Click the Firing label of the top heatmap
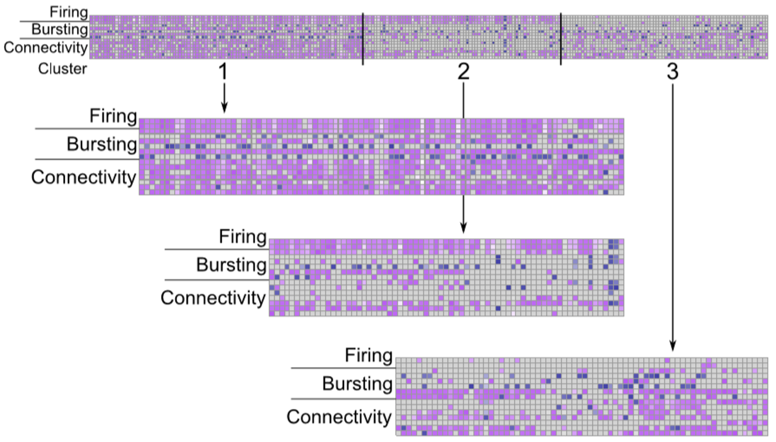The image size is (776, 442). click(x=68, y=11)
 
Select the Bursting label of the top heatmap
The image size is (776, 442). click(x=59, y=29)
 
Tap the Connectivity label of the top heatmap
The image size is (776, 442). click(x=45, y=48)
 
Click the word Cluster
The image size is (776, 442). click(x=63, y=69)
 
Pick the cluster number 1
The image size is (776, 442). click(x=223, y=73)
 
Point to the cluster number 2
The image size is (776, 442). click(x=463, y=73)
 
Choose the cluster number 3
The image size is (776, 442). click(x=672, y=73)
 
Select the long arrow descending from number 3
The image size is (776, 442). click(x=672, y=214)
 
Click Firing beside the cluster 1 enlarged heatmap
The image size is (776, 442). click(x=114, y=116)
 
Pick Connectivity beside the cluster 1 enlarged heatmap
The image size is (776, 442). click(x=84, y=177)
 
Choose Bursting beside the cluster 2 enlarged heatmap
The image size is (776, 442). click(x=231, y=265)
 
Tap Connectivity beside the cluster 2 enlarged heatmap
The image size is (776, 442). click(x=213, y=297)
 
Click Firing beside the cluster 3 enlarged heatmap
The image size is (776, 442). click(x=369, y=355)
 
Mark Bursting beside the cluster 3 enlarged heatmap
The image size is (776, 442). click(x=358, y=384)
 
